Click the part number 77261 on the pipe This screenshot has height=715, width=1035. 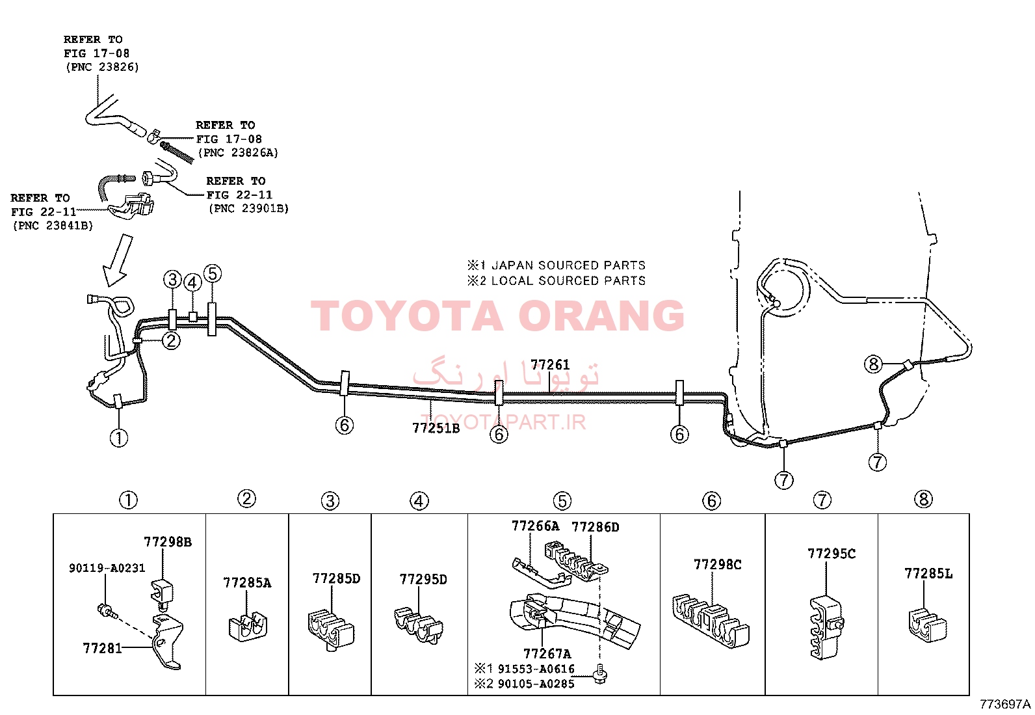[x=550, y=365]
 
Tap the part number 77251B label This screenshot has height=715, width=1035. [x=436, y=428]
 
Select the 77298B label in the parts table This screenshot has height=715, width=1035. [x=167, y=541]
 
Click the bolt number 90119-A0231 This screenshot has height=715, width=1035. [x=107, y=568]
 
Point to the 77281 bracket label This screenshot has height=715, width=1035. [x=102, y=649]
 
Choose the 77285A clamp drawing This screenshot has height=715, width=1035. [x=248, y=627]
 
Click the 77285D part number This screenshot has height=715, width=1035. [x=336, y=578]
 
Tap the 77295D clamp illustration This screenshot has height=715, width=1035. [x=419, y=625]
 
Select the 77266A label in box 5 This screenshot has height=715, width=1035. [x=535, y=526]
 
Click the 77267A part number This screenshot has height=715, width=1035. [x=547, y=653]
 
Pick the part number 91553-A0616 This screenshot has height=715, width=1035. [x=536, y=669]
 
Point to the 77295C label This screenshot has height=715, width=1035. [x=832, y=554]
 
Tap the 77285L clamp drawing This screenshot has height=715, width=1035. [x=927, y=625]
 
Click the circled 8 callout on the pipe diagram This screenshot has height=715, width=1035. [x=873, y=364]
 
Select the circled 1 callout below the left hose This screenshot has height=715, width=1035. [x=119, y=437]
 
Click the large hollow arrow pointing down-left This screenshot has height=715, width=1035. [x=117, y=262]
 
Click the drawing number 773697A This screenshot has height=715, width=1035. [x=1006, y=705]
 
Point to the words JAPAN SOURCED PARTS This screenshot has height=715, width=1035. [x=568, y=265]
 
